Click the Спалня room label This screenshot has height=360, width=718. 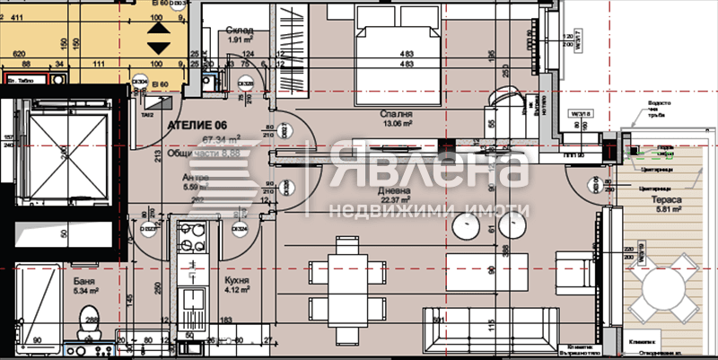396,115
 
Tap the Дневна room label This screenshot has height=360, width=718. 395,190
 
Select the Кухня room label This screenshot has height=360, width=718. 238,280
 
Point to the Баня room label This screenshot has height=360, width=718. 85,280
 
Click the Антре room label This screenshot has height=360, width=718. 183,178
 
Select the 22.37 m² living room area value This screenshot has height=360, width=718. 395,200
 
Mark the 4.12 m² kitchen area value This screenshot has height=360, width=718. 238,290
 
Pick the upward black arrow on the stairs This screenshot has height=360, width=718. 157,28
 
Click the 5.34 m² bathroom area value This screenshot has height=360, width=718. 85,290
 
